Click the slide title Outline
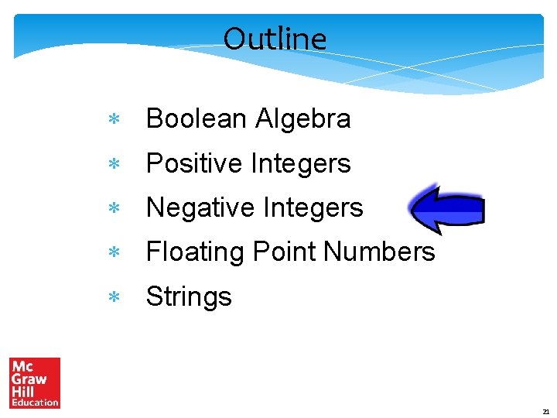click(x=275, y=39)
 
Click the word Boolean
click(x=197, y=119)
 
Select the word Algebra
click(x=303, y=119)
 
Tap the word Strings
click(x=189, y=297)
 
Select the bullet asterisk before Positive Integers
click(x=112, y=165)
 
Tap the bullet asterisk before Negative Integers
click(x=112, y=209)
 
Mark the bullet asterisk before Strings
click(x=112, y=298)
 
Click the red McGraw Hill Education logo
click(x=35, y=382)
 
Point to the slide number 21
click(x=545, y=412)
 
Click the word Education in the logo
click(x=35, y=403)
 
